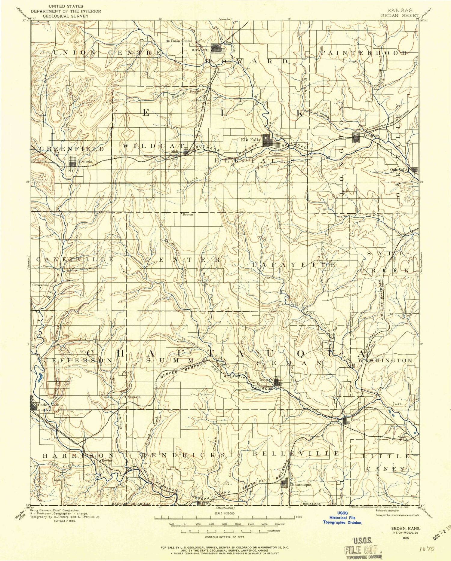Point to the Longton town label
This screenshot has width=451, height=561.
[371, 135]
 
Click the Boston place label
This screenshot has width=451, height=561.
[188, 215]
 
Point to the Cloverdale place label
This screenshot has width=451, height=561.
[41, 285]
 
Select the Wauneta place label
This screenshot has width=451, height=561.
[134, 397]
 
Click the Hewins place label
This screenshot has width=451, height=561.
[107, 460]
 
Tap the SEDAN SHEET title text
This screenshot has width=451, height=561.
[400, 15]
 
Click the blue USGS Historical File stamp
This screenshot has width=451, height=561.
[342, 518]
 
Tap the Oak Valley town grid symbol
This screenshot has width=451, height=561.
[415, 170]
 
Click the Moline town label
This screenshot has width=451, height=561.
[176, 152]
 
